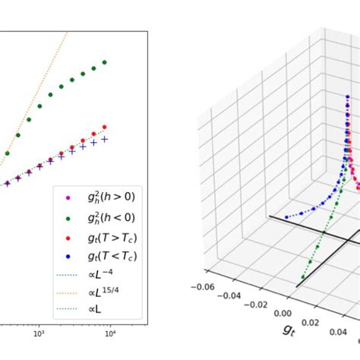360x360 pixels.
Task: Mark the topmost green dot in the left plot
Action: point(105,62)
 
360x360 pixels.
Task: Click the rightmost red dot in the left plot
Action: point(104,128)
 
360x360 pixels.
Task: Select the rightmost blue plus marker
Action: point(105,139)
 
